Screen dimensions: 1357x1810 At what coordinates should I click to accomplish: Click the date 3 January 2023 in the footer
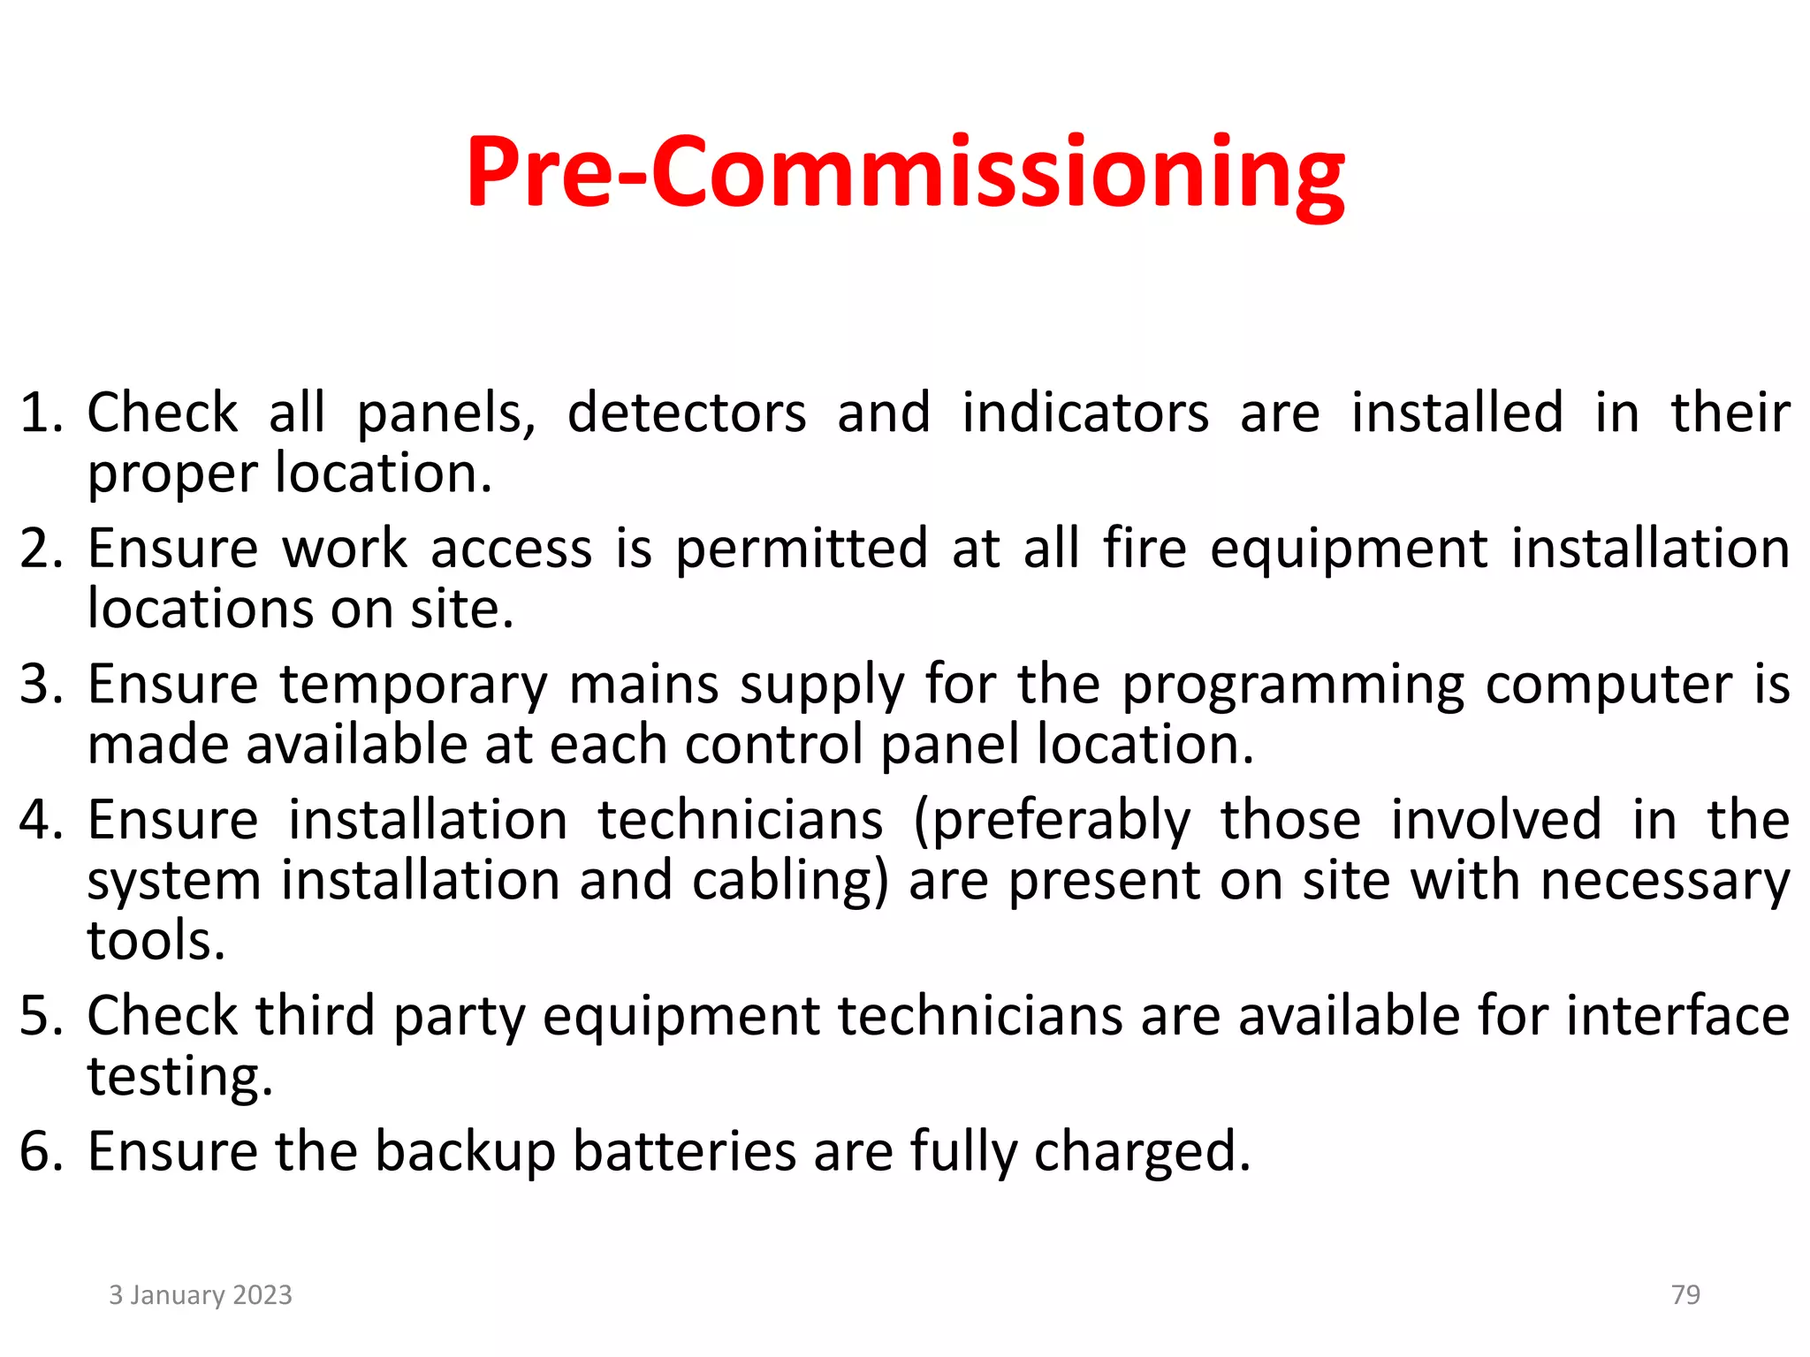pyautogui.click(x=201, y=1294)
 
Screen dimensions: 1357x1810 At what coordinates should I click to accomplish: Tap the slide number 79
pyautogui.click(x=1685, y=1294)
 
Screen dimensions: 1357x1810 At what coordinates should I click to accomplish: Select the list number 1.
pyautogui.click(x=40, y=413)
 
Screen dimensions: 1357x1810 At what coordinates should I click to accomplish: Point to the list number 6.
pyautogui.click(x=40, y=1151)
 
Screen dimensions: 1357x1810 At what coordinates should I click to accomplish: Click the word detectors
pyautogui.click(x=687, y=413)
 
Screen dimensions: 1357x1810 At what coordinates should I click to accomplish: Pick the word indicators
pyautogui.click(x=1085, y=413)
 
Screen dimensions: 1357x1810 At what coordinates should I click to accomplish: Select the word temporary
pyautogui.click(x=414, y=686)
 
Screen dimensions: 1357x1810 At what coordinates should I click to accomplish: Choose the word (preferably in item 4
pyautogui.click(x=1052, y=822)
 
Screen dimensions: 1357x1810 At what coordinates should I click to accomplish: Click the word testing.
pyautogui.click(x=179, y=1077)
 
